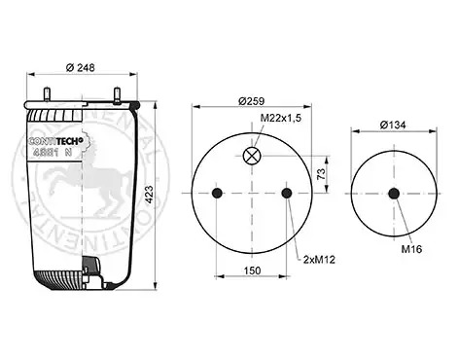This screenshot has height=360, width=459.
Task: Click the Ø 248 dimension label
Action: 81,68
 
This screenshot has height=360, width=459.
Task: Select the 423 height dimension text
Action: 149,195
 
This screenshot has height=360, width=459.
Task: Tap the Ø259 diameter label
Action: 251,101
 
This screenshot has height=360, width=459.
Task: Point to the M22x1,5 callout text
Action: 281,118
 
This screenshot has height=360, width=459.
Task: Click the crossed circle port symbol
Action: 252,156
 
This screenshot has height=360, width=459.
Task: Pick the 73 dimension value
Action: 321,174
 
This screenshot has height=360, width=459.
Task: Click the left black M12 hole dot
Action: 217,194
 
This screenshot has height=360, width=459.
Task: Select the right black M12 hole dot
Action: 287,194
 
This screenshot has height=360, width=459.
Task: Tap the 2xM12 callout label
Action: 319,260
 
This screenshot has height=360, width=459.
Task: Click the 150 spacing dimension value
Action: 252,270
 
